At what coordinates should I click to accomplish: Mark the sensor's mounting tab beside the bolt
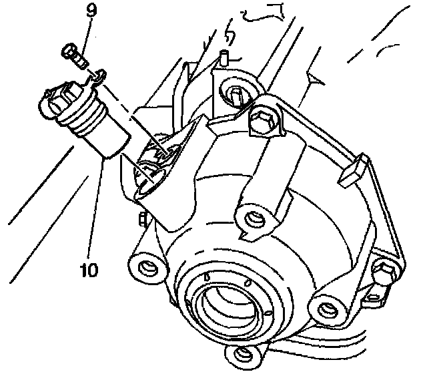point(97,79)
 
